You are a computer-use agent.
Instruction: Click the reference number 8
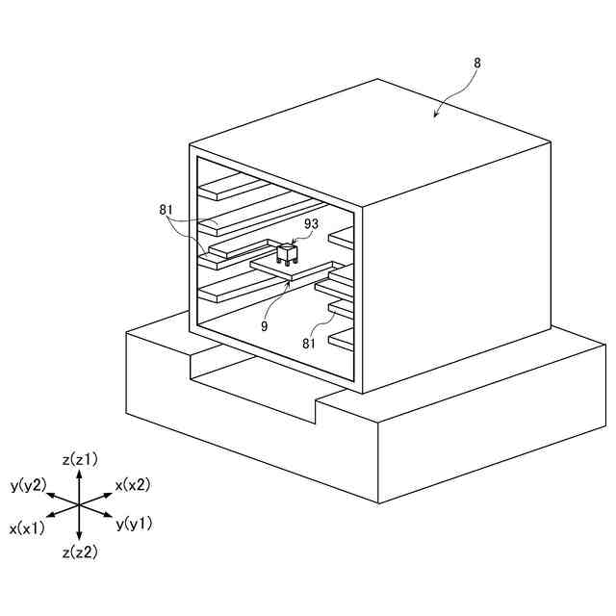click(478, 63)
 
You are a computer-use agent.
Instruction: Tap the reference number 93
click(311, 224)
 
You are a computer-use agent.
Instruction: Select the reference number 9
click(264, 326)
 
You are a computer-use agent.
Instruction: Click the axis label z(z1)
click(80, 459)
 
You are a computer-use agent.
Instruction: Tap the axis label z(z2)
click(80, 552)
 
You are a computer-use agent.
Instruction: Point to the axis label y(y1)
click(134, 525)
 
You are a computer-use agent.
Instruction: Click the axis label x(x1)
click(27, 528)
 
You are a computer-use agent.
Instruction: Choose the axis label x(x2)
click(133, 485)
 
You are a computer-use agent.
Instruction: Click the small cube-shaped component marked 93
click(287, 254)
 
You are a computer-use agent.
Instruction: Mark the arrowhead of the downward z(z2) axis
click(80, 539)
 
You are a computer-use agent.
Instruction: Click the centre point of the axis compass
click(80, 506)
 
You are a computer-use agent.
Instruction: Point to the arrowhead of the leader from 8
click(435, 116)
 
